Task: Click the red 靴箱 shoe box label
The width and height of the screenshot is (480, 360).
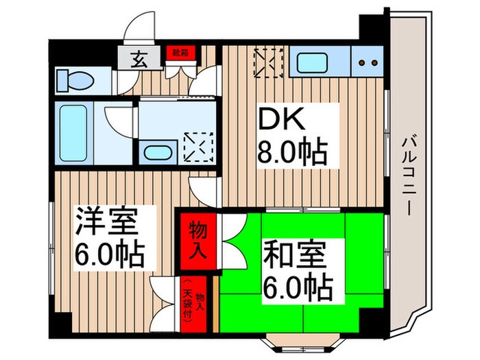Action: (180, 51)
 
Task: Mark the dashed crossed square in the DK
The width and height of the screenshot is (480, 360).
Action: (269, 61)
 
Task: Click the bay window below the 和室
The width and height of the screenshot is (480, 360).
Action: (296, 341)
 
